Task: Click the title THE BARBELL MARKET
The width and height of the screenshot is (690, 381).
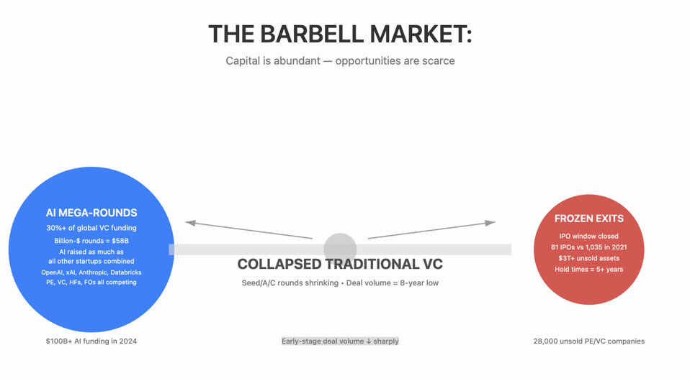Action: [x=340, y=34]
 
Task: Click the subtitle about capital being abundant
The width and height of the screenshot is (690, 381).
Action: [x=340, y=61]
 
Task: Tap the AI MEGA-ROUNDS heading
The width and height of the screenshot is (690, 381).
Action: [x=91, y=213]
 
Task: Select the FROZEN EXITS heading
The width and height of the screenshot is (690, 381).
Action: [x=588, y=219]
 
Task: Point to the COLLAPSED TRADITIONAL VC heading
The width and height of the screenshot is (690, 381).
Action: [x=340, y=265]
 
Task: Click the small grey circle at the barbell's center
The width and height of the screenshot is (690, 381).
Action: [x=340, y=247]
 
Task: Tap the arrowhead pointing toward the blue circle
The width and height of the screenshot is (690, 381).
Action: [x=191, y=223]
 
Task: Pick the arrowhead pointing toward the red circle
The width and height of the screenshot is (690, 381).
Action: [x=490, y=223]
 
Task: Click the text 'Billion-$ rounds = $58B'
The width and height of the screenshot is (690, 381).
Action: [x=91, y=241]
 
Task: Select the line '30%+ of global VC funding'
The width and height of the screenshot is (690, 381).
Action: [x=91, y=229]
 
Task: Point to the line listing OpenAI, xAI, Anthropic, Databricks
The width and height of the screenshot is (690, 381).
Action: [x=91, y=272]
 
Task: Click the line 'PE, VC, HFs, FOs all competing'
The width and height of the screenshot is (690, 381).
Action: [x=91, y=283]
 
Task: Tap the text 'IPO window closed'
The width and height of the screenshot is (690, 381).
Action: [x=588, y=236]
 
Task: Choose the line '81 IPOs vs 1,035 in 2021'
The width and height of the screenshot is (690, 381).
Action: [x=588, y=247]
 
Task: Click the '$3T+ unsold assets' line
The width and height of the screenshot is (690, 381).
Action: [x=588, y=258]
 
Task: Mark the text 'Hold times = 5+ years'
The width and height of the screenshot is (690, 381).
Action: [x=588, y=270]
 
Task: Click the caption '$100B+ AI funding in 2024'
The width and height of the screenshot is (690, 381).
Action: [x=91, y=341]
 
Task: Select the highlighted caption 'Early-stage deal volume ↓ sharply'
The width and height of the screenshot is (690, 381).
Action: [x=340, y=341]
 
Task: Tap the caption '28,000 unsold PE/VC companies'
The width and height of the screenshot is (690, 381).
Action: [x=588, y=341]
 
